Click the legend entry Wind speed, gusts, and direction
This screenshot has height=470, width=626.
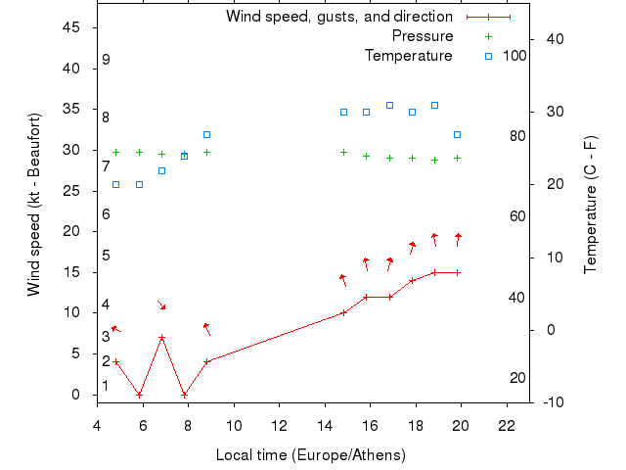[x=338, y=17]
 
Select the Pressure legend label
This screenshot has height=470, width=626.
[x=423, y=36]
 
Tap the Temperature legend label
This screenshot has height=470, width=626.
[x=409, y=56]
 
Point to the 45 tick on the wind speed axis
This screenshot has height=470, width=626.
[x=71, y=27]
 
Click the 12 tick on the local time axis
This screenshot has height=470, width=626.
[x=280, y=426]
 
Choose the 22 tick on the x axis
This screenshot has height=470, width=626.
[x=507, y=426]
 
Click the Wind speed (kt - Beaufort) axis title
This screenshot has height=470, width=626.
[x=34, y=205]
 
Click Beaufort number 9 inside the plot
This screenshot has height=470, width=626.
[x=106, y=61]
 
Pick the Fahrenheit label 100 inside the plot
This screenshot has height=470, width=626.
[x=514, y=56]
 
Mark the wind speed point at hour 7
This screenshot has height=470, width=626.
[x=161, y=338]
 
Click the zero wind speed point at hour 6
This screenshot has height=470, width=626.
[x=139, y=395]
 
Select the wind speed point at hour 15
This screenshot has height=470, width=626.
[x=343, y=313]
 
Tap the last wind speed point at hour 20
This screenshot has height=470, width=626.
[x=457, y=272]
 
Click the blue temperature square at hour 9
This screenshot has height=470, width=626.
[x=206, y=134]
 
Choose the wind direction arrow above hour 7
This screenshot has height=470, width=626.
[x=161, y=305]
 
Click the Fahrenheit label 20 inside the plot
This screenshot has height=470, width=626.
[x=517, y=378]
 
